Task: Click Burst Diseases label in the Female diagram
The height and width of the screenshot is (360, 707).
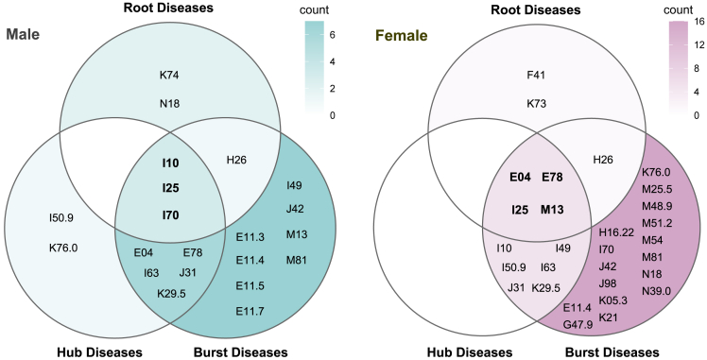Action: pyautogui.click(x=606, y=351)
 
